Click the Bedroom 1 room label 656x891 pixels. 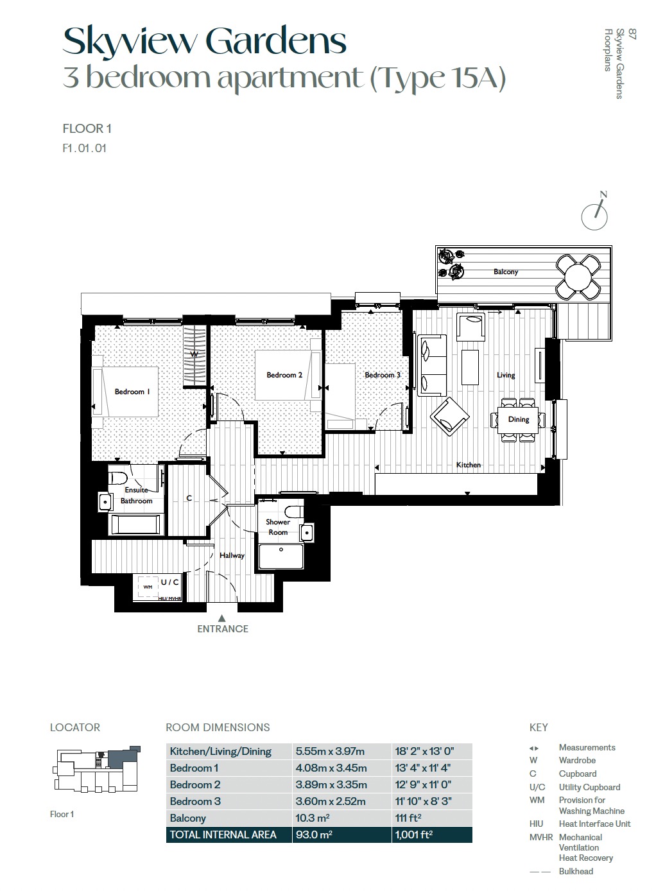tap(132, 392)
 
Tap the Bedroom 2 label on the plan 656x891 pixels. tap(284, 375)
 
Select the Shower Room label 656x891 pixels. tap(278, 527)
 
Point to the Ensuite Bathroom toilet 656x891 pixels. tap(117, 478)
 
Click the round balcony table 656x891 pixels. tap(578, 277)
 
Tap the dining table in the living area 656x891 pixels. tap(518, 420)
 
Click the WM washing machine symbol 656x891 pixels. tap(148, 586)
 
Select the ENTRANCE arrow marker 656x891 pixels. tap(222, 618)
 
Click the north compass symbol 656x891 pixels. tap(595, 213)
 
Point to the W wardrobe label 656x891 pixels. tap(194, 354)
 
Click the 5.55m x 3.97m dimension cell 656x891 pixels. tap(330, 752)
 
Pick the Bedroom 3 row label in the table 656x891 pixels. tap(195, 802)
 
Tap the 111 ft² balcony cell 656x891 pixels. tap(408, 818)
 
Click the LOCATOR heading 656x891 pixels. tap(75, 727)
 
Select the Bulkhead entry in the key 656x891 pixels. tap(576, 871)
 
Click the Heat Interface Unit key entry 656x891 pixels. tap(594, 824)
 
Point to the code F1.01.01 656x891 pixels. tap(84, 148)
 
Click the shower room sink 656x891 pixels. tap(307, 532)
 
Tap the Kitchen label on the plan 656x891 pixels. tap(468, 465)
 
